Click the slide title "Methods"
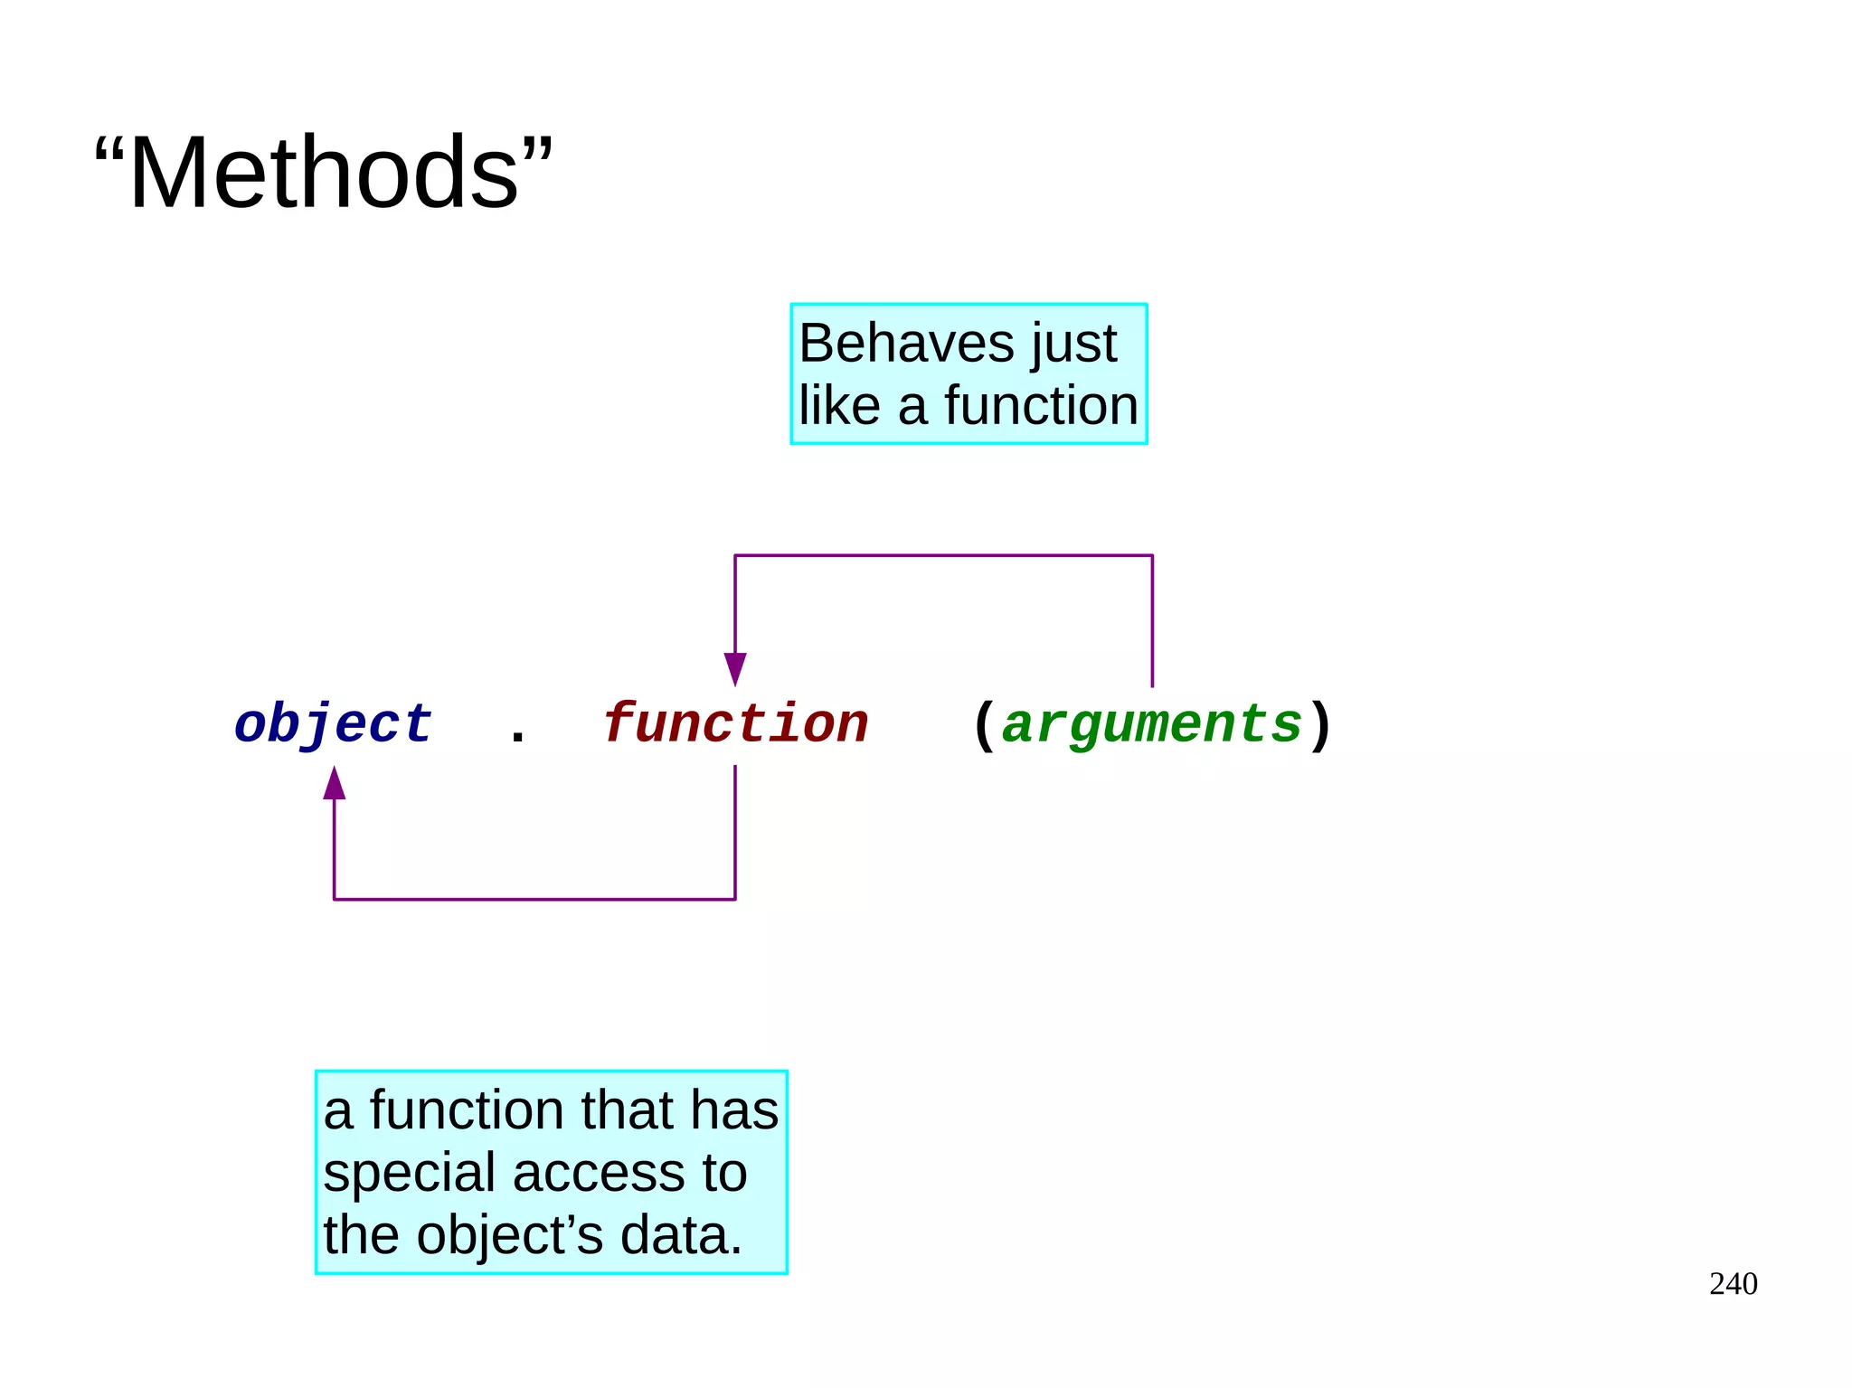pos(323,172)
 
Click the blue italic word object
pos(333,724)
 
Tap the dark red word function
pos(735,724)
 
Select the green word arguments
pos(1151,724)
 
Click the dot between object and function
pos(517,741)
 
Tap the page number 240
pos(1733,1283)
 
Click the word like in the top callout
pos(838,405)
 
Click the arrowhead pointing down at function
pos(735,668)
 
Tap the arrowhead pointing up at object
pos(335,784)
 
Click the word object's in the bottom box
pos(508,1235)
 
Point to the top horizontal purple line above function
pos(943,555)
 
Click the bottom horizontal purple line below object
pos(534,899)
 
